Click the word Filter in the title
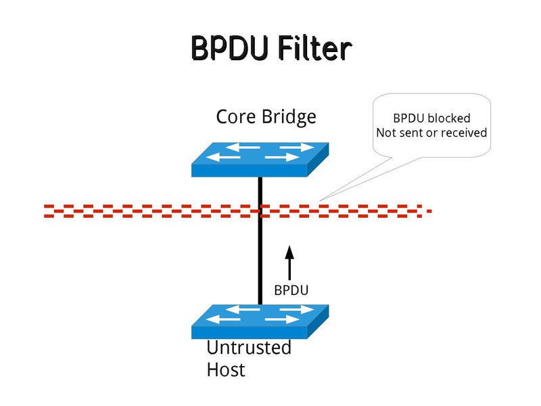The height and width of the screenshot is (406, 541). pyautogui.click(x=317, y=49)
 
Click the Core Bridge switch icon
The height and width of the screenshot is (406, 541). pyautogui.click(x=260, y=158)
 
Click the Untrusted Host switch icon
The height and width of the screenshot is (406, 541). pyautogui.click(x=260, y=321)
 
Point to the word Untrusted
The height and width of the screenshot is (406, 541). pyautogui.click(x=248, y=348)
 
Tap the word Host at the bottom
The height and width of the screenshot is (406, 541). pyautogui.click(x=226, y=370)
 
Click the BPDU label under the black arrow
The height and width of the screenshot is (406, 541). pyautogui.click(x=291, y=290)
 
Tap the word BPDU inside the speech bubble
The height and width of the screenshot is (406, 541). pyautogui.click(x=407, y=118)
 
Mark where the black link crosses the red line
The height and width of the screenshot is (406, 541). pyautogui.click(x=260, y=210)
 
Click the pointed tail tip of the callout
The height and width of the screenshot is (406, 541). pyautogui.click(x=320, y=200)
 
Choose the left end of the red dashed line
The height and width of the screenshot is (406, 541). pyautogui.click(x=45, y=210)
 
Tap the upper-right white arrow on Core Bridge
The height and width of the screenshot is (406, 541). pyautogui.click(x=296, y=146)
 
